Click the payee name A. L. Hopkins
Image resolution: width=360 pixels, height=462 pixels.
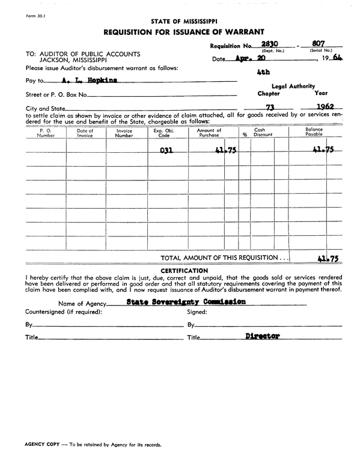pyautogui.click(x=89, y=79)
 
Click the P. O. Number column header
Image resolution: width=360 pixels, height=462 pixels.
pyautogui.click(x=46, y=133)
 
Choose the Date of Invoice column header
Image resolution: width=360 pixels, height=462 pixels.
pyautogui.click(x=85, y=133)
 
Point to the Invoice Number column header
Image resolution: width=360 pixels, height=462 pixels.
pyautogui.click(x=124, y=133)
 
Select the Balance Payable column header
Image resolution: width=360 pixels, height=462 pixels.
pyautogui.click(x=314, y=133)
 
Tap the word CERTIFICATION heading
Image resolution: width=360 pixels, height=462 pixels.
pyautogui.click(x=185, y=271)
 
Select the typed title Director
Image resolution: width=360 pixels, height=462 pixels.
pyautogui.click(x=263, y=336)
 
